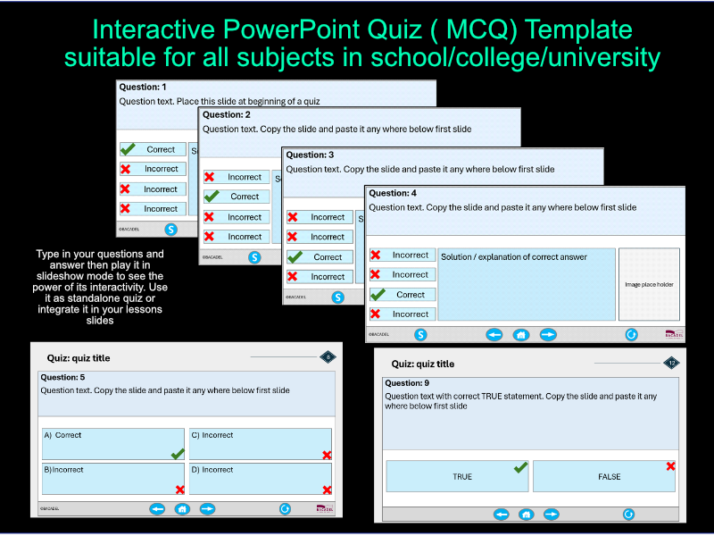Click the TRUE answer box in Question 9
tap(457, 476)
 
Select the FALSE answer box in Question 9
tap(603, 476)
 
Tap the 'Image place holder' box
tap(649, 284)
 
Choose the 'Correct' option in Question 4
tap(411, 294)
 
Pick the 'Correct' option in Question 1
tap(161, 149)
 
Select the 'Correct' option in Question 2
tap(244, 197)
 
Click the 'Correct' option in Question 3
tap(327, 256)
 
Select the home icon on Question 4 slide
tap(521, 334)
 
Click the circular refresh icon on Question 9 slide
tap(628, 514)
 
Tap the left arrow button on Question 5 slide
tap(157, 508)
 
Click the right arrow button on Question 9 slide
tap(551, 514)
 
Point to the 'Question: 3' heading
tap(310, 155)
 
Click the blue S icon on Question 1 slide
tap(171, 230)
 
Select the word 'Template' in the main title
tap(580, 29)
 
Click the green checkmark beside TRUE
tap(521, 466)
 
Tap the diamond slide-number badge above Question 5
tap(328, 357)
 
